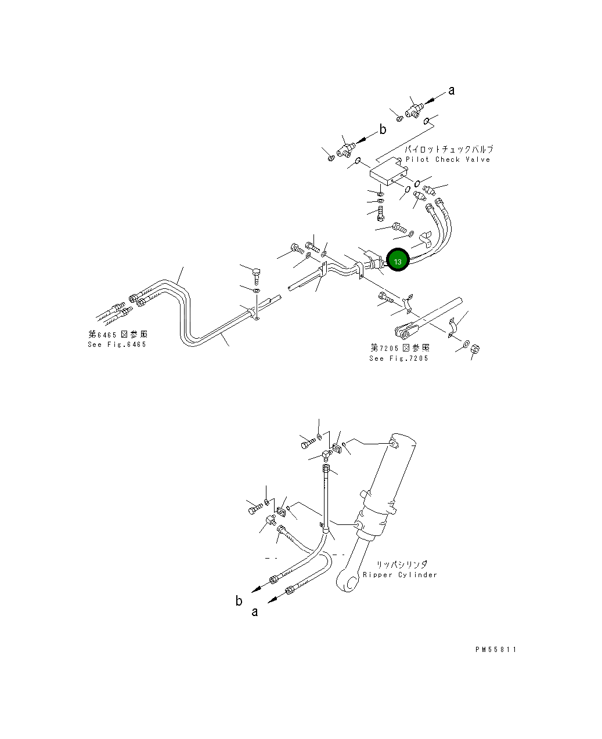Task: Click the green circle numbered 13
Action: (x=398, y=262)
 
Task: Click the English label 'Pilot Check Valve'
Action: (x=448, y=160)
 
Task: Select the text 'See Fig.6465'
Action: (x=117, y=345)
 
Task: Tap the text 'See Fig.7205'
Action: (x=399, y=358)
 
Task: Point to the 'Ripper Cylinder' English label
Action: (x=400, y=575)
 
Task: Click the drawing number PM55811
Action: (x=495, y=650)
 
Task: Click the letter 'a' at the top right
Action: (x=452, y=90)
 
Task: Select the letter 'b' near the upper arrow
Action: (x=383, y=130)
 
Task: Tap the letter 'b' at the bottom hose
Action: (x=239, y=601)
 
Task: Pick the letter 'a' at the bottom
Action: (x=254, y=612)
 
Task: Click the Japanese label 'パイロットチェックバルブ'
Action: (x=449, y=150)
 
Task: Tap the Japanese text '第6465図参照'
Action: (x=117, y=335)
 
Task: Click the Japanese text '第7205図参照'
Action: (x=400, y=348)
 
